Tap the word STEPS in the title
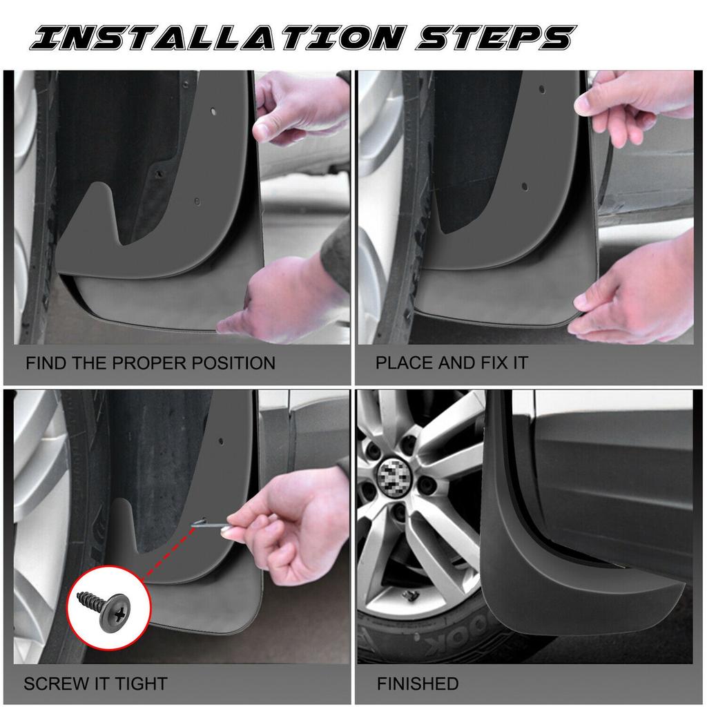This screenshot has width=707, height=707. [x=496, y=37]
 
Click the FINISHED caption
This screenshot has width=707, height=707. [x=418, y=684]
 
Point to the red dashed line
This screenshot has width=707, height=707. [x=167, y=553]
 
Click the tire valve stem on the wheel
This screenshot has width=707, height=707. [x=411, y=596]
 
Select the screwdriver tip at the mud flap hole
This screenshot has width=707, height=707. [x=195, y=523]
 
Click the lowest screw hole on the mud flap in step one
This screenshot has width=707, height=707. [x=197, y=202]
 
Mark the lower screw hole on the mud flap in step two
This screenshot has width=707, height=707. [x=525, y=186]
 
